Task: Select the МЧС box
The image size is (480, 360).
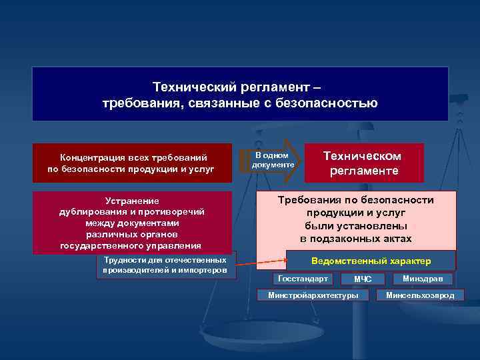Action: click(363, 279)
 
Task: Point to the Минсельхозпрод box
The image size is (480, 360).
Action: click(420, 295)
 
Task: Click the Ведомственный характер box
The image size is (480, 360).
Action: click(371, 261)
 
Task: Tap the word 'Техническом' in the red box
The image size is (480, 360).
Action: click(362, 155)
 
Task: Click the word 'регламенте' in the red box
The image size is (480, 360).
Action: click(363, 171)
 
